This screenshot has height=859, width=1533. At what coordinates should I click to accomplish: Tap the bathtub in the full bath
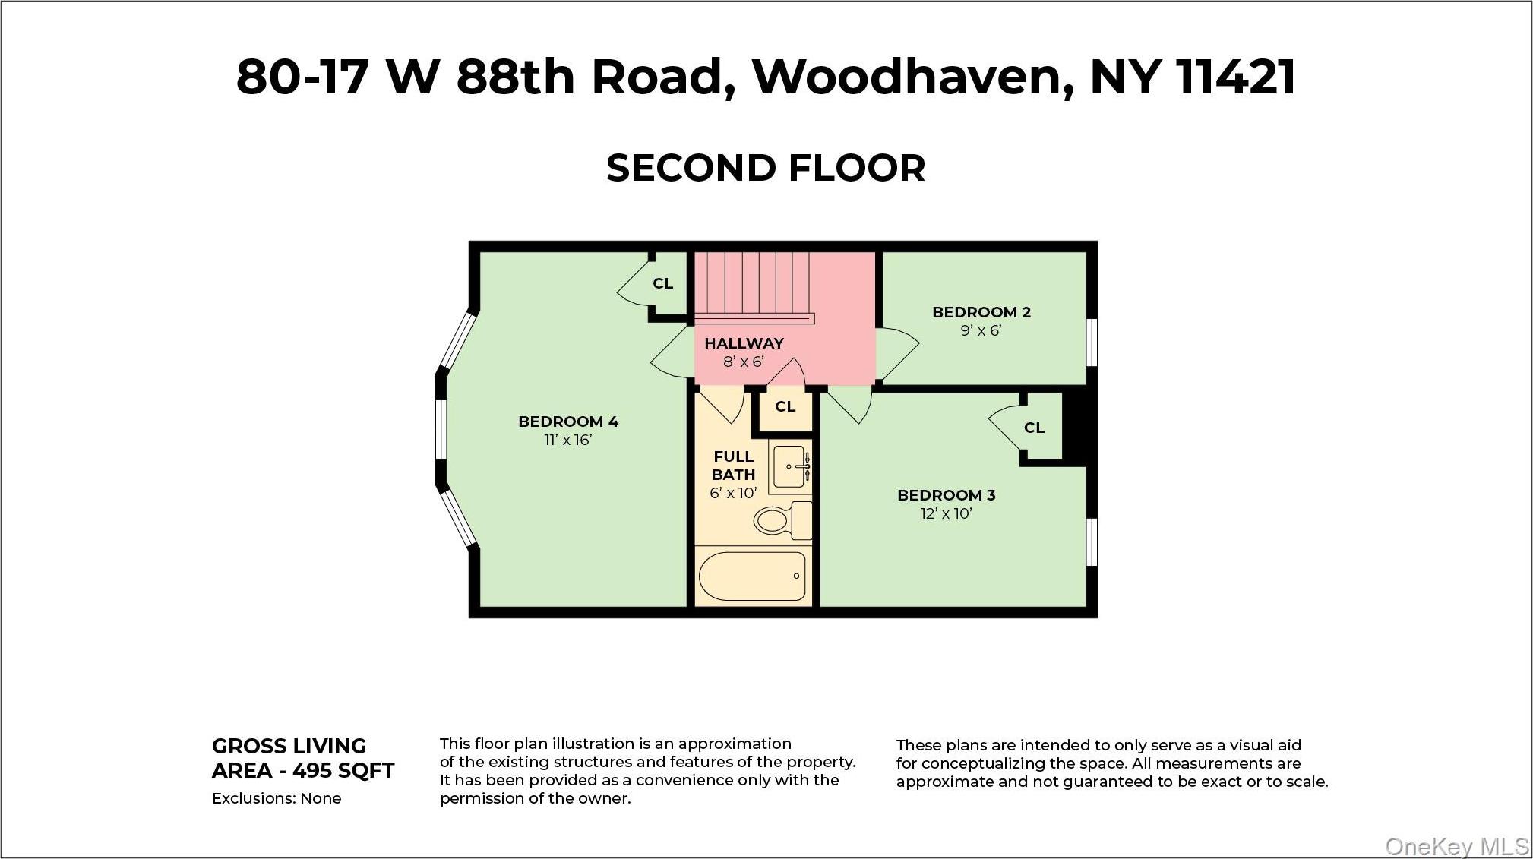point(751,576)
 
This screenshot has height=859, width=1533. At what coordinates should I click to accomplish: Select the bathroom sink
point(790,466)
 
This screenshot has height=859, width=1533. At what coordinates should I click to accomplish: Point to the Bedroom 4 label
point(568,422)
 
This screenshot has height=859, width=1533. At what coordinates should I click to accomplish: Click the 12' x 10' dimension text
point(946,514)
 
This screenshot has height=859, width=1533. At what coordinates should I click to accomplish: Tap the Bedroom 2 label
point(981,312)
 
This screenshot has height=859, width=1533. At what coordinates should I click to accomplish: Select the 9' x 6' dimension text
point(981,331)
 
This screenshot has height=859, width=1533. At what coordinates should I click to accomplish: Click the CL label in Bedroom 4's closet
point(662,283)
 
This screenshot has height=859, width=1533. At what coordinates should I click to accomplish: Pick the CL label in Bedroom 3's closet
point(1034,428)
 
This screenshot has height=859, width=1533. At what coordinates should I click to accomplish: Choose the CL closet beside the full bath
point(785,407)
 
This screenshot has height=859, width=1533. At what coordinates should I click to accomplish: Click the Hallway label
point(744,343)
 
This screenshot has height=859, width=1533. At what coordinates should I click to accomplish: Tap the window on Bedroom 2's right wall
point(1092,343)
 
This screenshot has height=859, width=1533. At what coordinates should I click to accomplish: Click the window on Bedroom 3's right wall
point(1092,542)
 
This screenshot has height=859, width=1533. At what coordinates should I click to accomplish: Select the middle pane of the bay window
point(441,429)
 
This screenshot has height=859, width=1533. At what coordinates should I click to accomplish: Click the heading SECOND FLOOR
point(766,168)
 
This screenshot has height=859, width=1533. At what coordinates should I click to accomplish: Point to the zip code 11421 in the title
point(1235,77)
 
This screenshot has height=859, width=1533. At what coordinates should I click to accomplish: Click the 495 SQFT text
point(343,771)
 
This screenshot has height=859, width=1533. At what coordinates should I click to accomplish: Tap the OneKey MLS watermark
point(1457,846)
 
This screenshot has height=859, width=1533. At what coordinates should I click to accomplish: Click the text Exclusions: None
point(277,799)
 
